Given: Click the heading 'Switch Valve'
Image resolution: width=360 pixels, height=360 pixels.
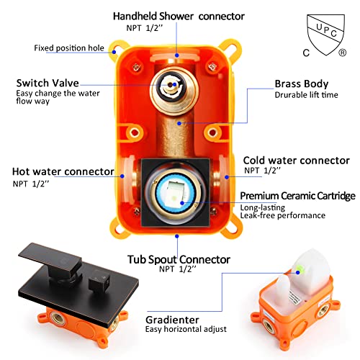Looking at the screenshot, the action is [x=48, y=83].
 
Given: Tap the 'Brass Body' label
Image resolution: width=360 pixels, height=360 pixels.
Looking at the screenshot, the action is [x=302, y=84].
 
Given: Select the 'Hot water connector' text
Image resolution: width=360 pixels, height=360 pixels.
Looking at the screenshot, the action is [x=63, y=171].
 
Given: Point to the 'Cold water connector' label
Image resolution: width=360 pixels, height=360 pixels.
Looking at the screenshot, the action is [x=297, y=161].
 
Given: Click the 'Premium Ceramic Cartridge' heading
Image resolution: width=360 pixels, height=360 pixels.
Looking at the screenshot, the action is [x=297, y=196].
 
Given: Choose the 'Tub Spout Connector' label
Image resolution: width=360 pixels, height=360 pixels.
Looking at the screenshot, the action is [x=179, y=259].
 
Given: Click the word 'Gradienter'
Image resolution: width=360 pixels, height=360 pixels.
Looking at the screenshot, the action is [x=172, y=320].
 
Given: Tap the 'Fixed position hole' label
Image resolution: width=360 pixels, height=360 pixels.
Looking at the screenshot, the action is [x=69, y=48].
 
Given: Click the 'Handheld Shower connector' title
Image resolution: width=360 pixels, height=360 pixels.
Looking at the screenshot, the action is [x=179, y=17].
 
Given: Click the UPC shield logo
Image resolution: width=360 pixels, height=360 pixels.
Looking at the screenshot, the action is [x=325, y=34].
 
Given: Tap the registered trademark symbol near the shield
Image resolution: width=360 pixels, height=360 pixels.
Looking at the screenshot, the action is [x=343, y=53].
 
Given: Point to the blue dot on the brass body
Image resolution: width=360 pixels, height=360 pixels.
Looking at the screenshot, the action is [x=179, y=123].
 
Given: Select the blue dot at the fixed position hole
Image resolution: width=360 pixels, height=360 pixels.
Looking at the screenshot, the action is [x=114, y=52].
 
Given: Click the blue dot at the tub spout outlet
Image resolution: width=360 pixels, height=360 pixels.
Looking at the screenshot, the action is [x=177, y=236].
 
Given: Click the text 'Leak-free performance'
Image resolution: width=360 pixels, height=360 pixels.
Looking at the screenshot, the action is [x=283, y=215].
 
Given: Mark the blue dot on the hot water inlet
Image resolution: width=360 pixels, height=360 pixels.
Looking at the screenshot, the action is [x=122, y=176].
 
